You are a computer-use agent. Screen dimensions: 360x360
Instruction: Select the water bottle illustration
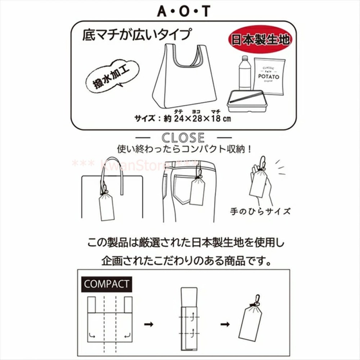coord(244,73)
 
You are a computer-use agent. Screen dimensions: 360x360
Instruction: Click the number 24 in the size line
coord(180,118)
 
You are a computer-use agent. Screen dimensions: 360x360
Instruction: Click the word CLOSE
coord(183,138)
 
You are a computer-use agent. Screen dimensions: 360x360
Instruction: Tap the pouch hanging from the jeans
coord(197,190)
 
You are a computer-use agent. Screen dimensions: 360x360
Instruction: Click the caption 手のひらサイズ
coord(260,211)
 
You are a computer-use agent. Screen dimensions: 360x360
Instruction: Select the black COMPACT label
coord(106,284)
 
